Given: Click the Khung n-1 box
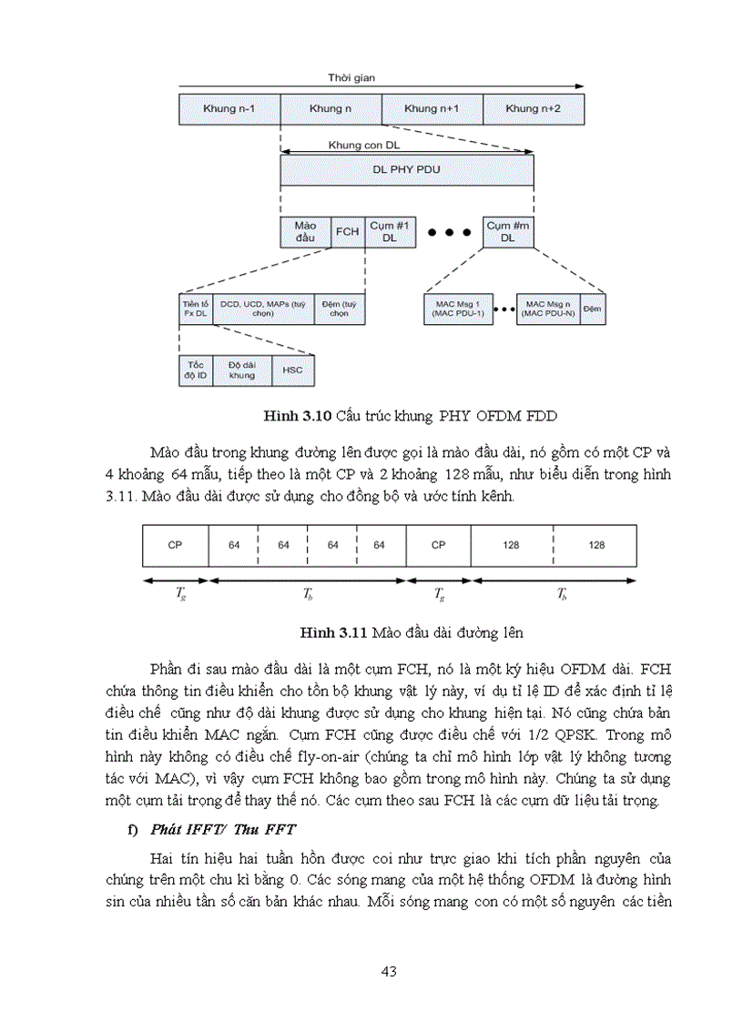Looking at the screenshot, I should (229, 108).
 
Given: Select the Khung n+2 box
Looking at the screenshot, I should (534, 108).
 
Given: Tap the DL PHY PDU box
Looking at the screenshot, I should (407, 169).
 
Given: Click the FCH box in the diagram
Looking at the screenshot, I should (347, 231).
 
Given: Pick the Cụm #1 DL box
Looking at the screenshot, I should (391, 231).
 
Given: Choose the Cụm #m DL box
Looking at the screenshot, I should (508, 231).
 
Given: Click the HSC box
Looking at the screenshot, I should (292, 370).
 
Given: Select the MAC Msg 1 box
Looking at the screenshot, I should (457, 309).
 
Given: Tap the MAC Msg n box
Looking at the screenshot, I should (548, 309).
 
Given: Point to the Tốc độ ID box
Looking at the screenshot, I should (196, 370).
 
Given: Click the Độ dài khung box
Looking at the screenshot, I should (242, 370).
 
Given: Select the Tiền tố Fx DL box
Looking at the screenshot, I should (196, 309).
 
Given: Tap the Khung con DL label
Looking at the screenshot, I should (364, 145).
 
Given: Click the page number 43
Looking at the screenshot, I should (389, 972).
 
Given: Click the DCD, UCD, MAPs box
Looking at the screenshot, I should (264, 309).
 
